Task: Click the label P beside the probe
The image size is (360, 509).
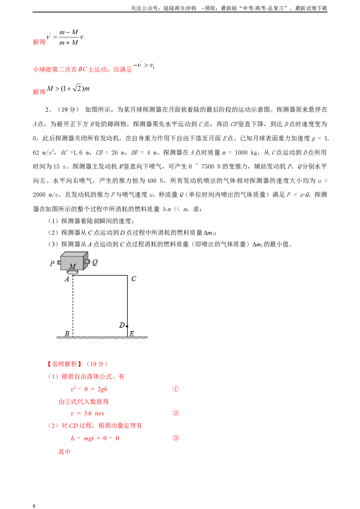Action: click(x=52, y=263)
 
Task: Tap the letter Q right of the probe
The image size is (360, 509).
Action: click(x=95, y=262)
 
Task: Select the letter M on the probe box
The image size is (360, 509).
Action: click(x=72, y=267)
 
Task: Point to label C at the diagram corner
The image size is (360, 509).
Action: click(x=134, y=279)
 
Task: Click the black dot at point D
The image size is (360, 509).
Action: click(x=127, y=326)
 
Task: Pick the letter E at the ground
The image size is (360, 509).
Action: click(x=131, y=333)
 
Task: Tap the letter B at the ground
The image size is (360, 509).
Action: click(x=67, y=333)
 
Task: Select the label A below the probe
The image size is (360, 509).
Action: click(x=67, y=279)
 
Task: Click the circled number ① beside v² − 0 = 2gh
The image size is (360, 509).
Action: click(x=175, y=389)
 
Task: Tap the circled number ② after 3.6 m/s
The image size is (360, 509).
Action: click(x=175, y=413)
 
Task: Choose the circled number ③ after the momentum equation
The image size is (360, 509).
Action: click(x=175, y=438)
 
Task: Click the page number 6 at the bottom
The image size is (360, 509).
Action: click(x=34, y=505)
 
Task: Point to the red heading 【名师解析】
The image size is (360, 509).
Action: click(x=65, y=364)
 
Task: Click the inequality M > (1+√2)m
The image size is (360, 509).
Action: click(x=68, y=88)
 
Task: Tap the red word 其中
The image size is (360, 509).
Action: click(x=64, y=451)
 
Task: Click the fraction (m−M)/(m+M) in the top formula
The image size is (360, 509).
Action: click(x=68, y=37)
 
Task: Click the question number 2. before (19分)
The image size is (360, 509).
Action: click(x=48, y=110)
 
